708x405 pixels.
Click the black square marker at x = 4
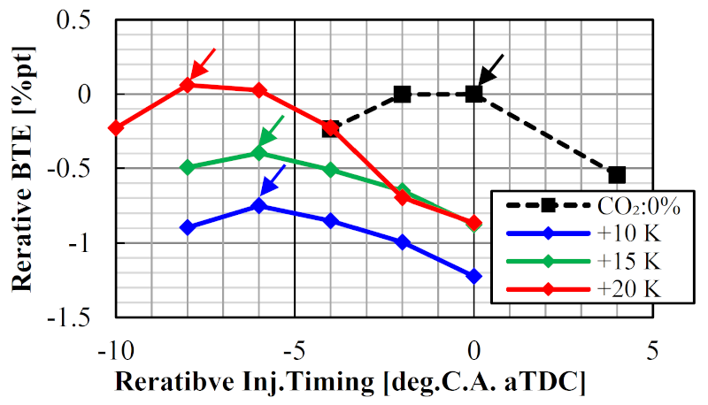(x=617, y=174)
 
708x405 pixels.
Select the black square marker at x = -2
(x=402, y=93)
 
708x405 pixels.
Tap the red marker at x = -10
(x=115, y=127)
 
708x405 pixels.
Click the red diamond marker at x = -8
(x=187, y=85)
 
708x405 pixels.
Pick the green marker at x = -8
(x=187, y=166)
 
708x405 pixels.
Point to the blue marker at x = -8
(x=187, y=227)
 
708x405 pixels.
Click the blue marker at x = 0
(x=473, y=277)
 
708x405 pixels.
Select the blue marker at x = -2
(x=402, y=241)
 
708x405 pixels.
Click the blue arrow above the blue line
(x=273, y=180)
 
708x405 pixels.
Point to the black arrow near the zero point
(x=491, y=68)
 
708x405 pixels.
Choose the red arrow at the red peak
(x=203, y=63)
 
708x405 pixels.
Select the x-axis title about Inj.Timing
(x=351, y=383)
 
